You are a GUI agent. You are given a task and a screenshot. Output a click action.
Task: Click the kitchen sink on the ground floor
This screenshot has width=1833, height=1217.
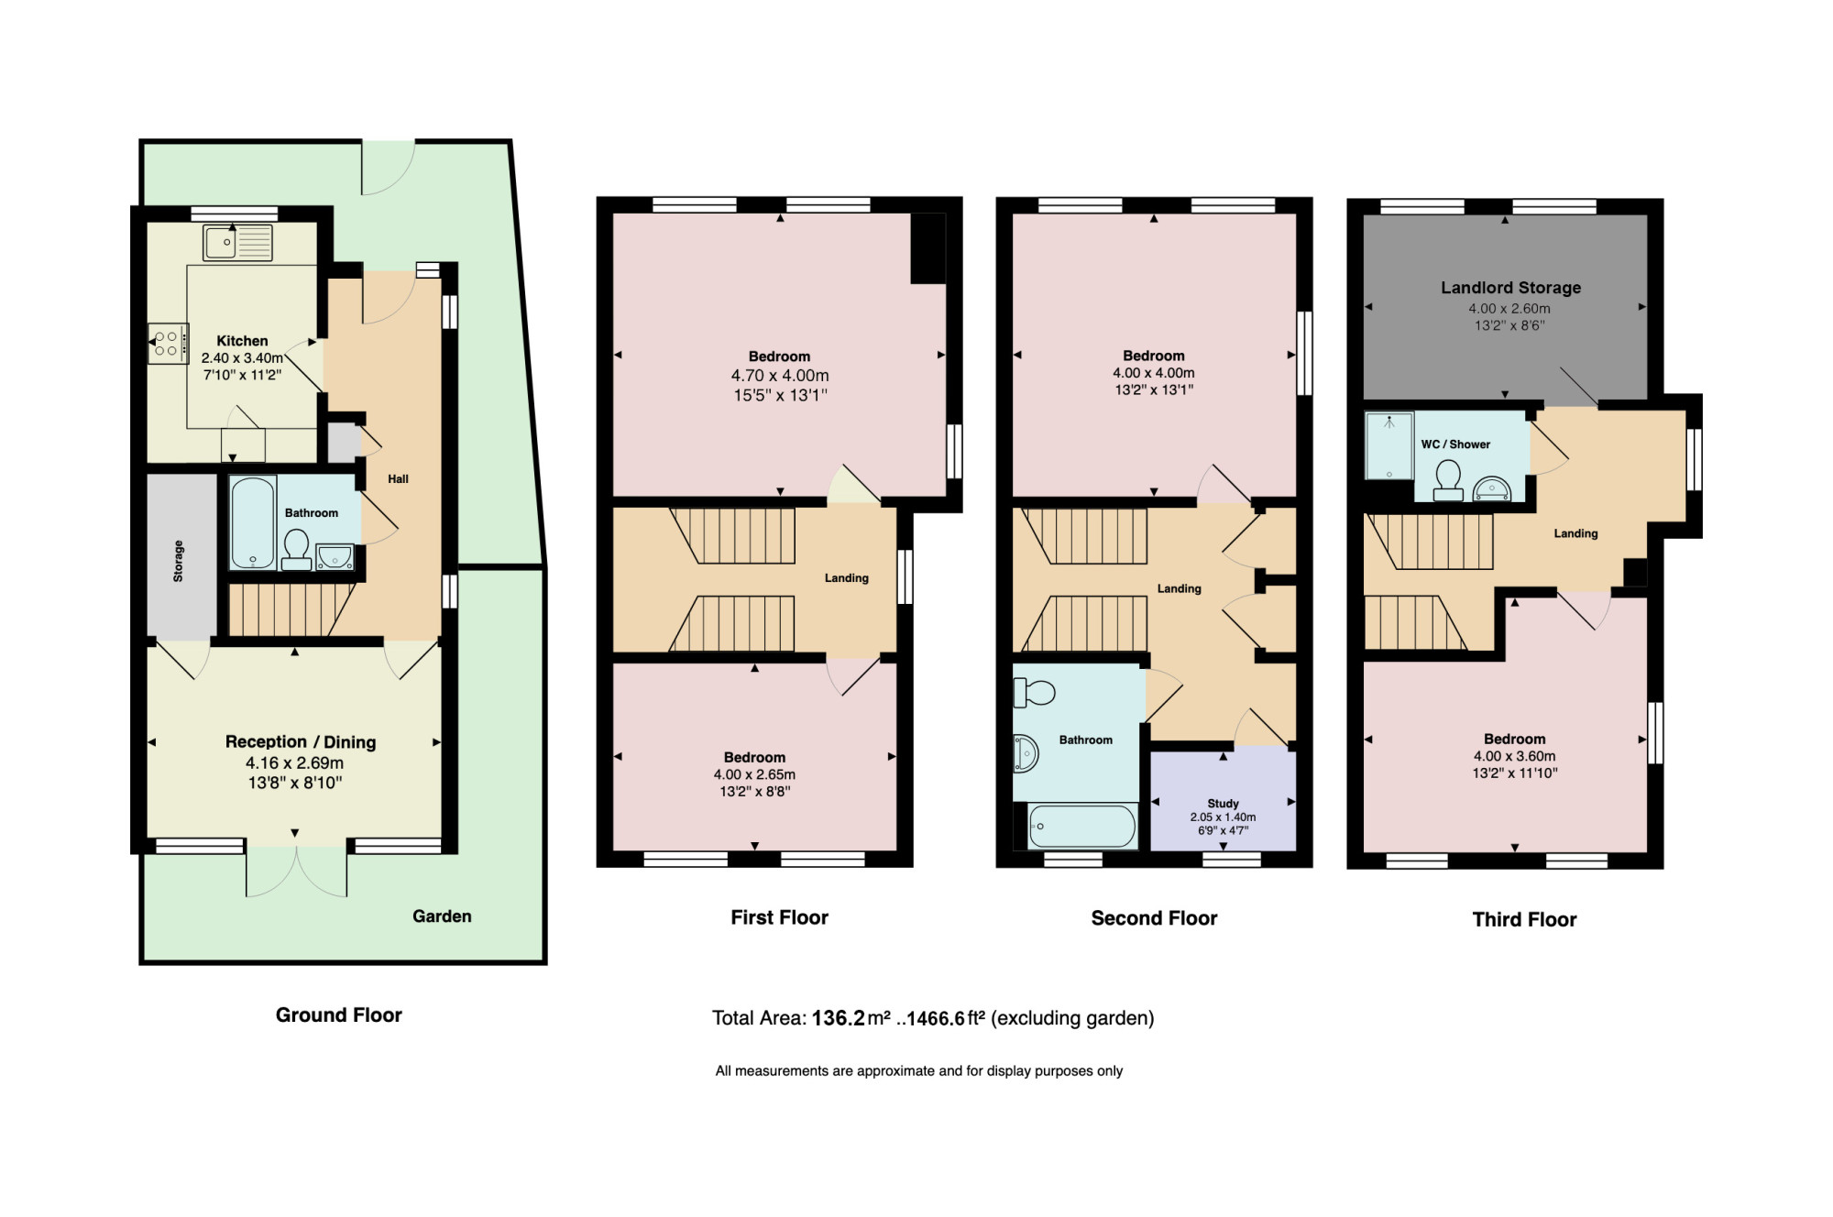pyautogui.click(x=237, y=243)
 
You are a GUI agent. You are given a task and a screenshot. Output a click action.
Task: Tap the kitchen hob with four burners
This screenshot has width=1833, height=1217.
pyautogui.click(x=169, y=344)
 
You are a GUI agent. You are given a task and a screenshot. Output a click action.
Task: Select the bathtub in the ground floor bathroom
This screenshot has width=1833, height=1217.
pyautogui.click(x=253, y=522)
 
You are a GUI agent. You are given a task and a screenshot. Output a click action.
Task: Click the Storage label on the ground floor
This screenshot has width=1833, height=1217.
pyautogui.click(x=179, y=561)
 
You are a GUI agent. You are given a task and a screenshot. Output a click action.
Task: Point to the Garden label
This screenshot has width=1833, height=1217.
pyautogui.click(x=442, y=916)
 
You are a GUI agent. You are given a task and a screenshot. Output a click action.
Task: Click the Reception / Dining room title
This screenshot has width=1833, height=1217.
pyautogui.click(x=301, y=741)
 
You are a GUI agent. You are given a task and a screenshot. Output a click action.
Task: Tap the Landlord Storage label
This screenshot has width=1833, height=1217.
pyautogui.click(x=1510, y=288)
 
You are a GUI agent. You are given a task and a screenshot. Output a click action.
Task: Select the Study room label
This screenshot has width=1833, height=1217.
pyautogui.click(x=1223, y=804)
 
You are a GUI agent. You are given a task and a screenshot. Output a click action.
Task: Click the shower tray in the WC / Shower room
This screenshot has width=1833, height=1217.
pyautogui.click(x=1389, y=446)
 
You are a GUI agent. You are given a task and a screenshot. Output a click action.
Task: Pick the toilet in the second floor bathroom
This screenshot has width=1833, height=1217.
pyautogui.click(x=1034, y=693)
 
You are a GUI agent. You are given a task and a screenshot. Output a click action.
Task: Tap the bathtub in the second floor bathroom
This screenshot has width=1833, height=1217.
pyautogui.click(x=1082, y=826)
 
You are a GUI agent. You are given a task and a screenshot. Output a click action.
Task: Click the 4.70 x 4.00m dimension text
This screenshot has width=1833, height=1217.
pyautogui.click(x=780, y=376)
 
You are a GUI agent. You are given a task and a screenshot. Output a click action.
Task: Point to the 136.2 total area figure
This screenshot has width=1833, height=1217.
pyautogui.click(x=838, y=1018)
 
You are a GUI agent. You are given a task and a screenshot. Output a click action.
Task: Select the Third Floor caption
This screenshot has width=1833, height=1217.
pyautogui.click(x=1524, y=920)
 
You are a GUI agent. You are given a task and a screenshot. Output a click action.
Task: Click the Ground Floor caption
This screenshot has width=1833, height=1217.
pyautogui.click(x=339, y=1015)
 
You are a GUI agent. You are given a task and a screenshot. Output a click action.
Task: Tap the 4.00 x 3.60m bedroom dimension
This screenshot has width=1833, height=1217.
pyautogui.click(x=1514, y=756)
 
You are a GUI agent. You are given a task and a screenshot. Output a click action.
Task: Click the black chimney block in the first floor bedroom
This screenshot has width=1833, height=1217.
pyautogui.click(x=927, y=248)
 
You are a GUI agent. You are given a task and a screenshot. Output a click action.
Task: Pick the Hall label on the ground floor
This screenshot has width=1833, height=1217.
pyautogui.click(x=398, y=479)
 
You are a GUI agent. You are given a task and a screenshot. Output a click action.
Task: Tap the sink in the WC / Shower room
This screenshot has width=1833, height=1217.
pyautogui.click(x=1491, y=488)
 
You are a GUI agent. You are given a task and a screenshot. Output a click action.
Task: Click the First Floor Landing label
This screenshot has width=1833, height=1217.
pyautogui.click(x=846, y=578)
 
